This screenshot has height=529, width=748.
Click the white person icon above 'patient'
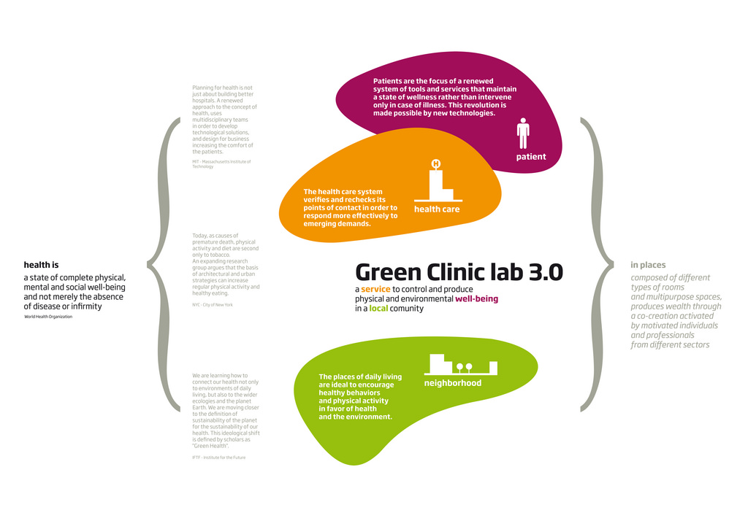click(x=523, y=134)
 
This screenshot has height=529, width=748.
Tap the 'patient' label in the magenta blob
click(x=531, y=157)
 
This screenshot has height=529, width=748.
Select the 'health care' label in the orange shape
click(x=437, y=209)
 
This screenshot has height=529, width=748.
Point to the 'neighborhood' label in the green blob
click(x=453, y=383)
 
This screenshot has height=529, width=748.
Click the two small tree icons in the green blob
click(x=464, y=368)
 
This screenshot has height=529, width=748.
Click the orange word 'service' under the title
click(x=375, y=290)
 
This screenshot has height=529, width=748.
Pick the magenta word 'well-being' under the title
click(x=476, y=299)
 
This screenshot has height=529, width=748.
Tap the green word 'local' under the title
click(x=378, y=309)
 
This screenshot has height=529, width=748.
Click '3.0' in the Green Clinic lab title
click(x=546, y=272)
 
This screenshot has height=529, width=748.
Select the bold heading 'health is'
click(x=41, y=265)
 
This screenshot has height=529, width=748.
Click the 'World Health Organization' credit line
click(x=48, y=317)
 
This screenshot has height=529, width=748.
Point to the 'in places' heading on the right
click(x=648, y=265)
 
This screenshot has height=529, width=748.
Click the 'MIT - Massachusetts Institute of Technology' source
click(x=221, y=164)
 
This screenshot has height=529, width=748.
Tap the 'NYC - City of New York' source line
click(x=213, y=304)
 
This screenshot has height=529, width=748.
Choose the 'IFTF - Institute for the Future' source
click(x=219, y=457)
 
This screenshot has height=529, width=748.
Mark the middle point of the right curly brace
click(x=610, y=265)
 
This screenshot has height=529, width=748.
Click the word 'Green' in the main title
click(x=384, y=272)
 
